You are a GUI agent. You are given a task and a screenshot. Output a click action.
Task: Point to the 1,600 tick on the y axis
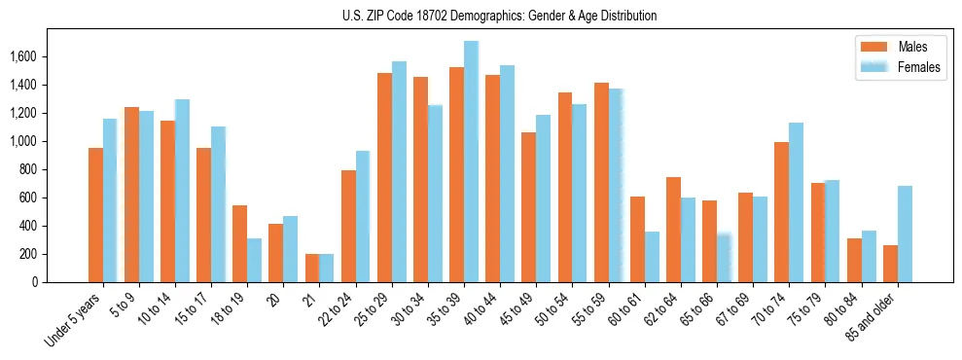click(x=22, y=57)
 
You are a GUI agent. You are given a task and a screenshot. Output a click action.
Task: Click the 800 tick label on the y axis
click(x=27, y=170)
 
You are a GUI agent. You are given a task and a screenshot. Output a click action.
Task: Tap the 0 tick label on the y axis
click(x=35, y=282)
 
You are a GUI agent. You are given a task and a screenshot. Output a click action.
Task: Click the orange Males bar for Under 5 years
click(x=95, y=215)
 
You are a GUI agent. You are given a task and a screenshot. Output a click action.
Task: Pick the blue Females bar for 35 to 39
click(x=471, y=162)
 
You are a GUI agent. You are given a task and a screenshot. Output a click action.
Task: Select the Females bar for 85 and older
click(x=905, y=234)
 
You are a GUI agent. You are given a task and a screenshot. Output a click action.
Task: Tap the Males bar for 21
click(x=312, y=268)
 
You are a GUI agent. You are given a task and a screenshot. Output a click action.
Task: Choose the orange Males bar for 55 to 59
click(x=601, y=182)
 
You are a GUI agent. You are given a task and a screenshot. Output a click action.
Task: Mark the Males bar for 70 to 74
click(x=781, y=212)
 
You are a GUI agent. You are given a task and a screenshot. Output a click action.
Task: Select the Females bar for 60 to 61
click(x=652, y=257)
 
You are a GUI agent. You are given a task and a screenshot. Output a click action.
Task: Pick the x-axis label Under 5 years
click(x=72, y=321)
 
